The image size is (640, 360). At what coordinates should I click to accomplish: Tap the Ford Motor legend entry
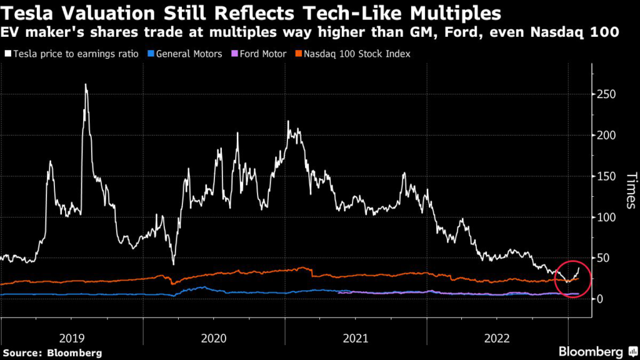click(260, 54)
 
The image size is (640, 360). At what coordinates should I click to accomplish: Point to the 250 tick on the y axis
click(606, 94)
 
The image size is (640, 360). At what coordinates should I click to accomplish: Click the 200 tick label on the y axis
click(606, 135)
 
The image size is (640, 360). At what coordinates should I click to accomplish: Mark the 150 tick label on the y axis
click(606, 176)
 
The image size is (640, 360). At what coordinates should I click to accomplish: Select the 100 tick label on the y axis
click(606, 217)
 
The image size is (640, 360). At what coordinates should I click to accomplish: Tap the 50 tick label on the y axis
click(604, 258)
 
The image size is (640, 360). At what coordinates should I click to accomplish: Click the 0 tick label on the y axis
click(601, 299)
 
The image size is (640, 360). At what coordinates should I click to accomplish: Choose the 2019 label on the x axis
click(72, 338)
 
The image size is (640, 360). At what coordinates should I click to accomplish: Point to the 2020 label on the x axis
click(214, 338)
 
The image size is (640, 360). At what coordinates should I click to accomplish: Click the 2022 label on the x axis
click(497, 338)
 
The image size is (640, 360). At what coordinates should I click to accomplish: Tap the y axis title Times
click(630, 190)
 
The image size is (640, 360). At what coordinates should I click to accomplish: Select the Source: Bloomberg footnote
click(51, 352)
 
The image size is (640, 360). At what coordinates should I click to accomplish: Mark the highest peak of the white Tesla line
click(85, 85)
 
